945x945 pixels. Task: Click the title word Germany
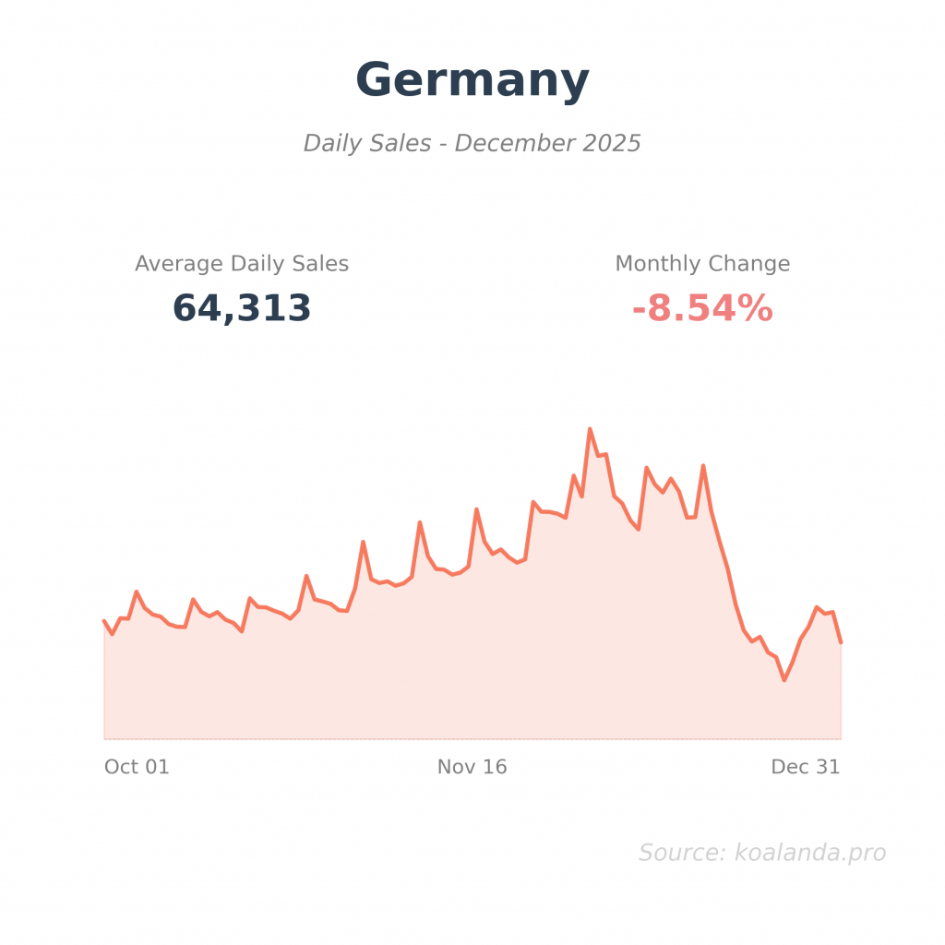tap(472, 80)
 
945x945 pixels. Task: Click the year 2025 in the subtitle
tap(611, 144)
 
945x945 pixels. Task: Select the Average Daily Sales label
tap(242, 264)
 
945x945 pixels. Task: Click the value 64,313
tap(242, 309)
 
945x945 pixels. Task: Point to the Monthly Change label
tap(702, 264)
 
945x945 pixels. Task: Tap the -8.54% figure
tap(702, 309)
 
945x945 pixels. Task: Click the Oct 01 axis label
tap(137, 767)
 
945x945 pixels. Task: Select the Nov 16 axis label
tap(472, 767)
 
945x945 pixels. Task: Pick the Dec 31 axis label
tap(806, 767)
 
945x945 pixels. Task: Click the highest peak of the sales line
tap(590, 429)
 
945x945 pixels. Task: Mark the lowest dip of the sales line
tap(784, 680)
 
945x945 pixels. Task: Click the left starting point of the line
tap(104, 621)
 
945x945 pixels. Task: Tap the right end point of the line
tap(841, 641)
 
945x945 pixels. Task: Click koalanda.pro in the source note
tap(810, 854)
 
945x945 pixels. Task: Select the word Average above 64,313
tap(179, 264)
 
